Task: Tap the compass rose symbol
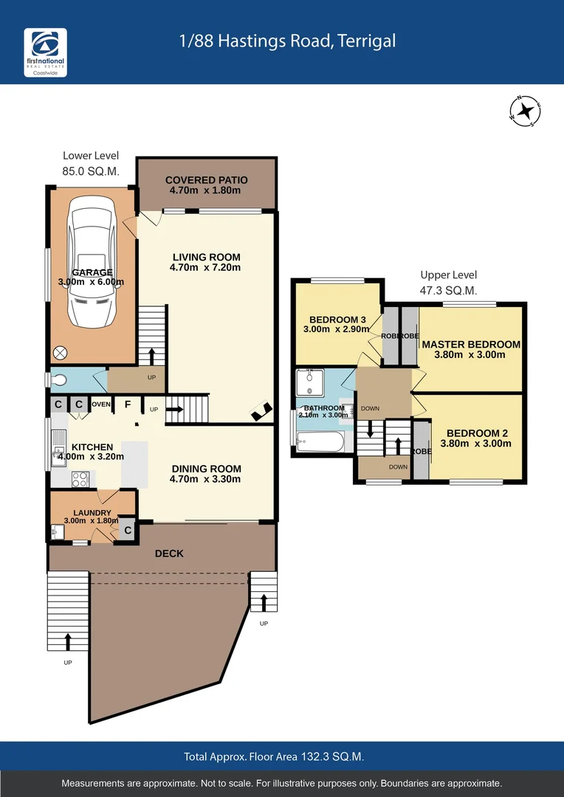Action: (x=525, y=111)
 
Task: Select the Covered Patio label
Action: (x=206, y=185)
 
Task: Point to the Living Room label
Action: (x=205, y=262)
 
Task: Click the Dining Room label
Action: (x=206, y=474)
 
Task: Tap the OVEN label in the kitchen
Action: (x=101, y=404)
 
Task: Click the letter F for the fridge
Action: (x=128, y=404)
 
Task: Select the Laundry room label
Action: (x=92, y=517)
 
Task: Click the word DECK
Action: (x=169, y=553)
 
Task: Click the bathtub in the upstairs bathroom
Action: (x=320, y=442)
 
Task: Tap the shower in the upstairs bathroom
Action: (x=309, y=384)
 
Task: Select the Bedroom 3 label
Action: (x=337, y=324)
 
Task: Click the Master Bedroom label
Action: (x=471, y=349)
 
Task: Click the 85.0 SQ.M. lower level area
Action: (x=91, y=172)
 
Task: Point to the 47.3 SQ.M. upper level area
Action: (x=448, y=291)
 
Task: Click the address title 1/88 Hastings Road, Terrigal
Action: (x=288, y=41)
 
